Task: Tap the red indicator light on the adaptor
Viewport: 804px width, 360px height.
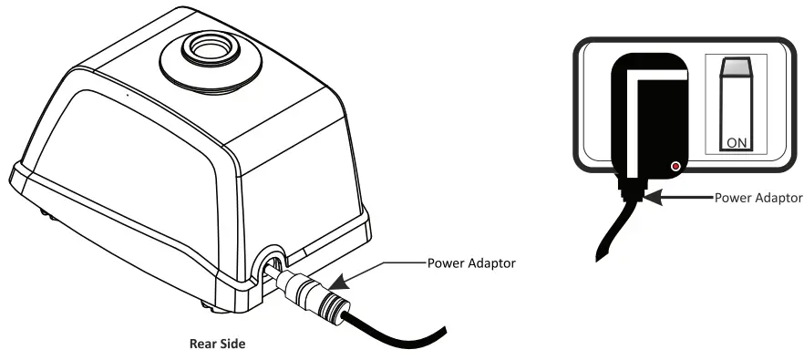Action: [x=675, y=167]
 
